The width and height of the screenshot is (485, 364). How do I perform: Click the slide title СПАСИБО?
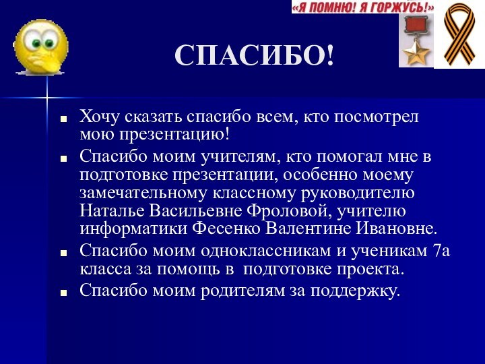pyautogui.click(x=254, y=55)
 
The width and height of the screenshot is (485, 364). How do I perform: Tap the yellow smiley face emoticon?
pyautogui.click(x=40, y=47)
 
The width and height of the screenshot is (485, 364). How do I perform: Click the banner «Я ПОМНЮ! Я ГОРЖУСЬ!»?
pyautogui.click(x=362, y=7)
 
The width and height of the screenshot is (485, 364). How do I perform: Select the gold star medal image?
pyautogui.click(x=416, y=41)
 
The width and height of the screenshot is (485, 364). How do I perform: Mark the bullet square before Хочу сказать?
pyautogui.click(x=64, y=119)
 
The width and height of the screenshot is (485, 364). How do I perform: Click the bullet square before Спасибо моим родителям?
pyautogui.click(x=64, y=293)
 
